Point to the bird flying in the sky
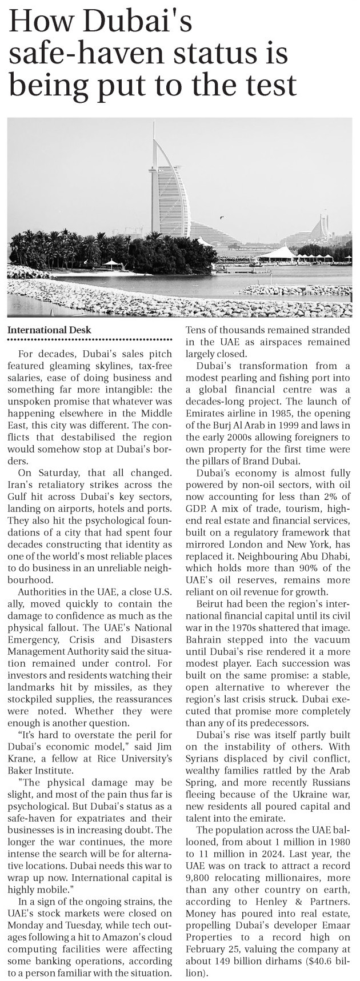(x=222, y=217)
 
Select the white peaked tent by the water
(x=278, y=252)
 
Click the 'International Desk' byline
(x=49, y=330)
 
